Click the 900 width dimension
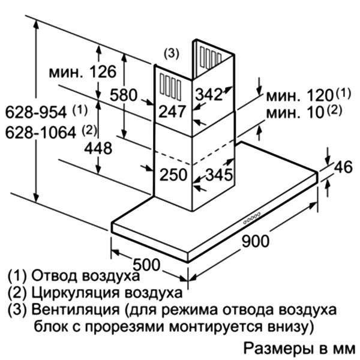click(255, 241)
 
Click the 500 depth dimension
click(146, 265)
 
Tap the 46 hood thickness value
click(343, 167)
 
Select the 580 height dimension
click(124, 95)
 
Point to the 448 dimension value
click(98, 148)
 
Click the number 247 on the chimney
click(172, 112)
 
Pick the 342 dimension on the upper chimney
click(209, 94)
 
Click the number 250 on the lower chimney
click(173, 175)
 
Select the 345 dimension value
click(219, 175)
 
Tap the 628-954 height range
click(36, 113)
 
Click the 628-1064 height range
click(41, 133)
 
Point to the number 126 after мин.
click(103, 72)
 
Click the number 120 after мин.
click(320, 95)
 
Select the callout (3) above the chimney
click(171, 53)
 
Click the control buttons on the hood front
click(251, 218)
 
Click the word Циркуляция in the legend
click(76, 293)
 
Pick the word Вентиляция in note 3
click(76, 310)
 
